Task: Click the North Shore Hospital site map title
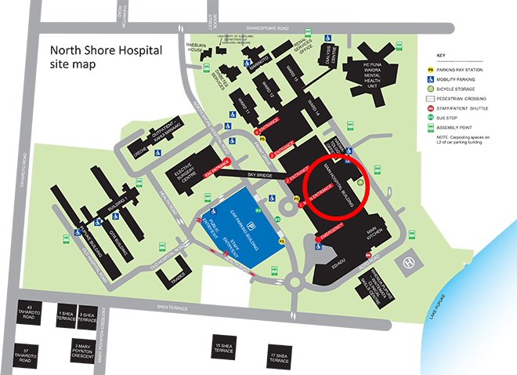[x=106, y=57]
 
